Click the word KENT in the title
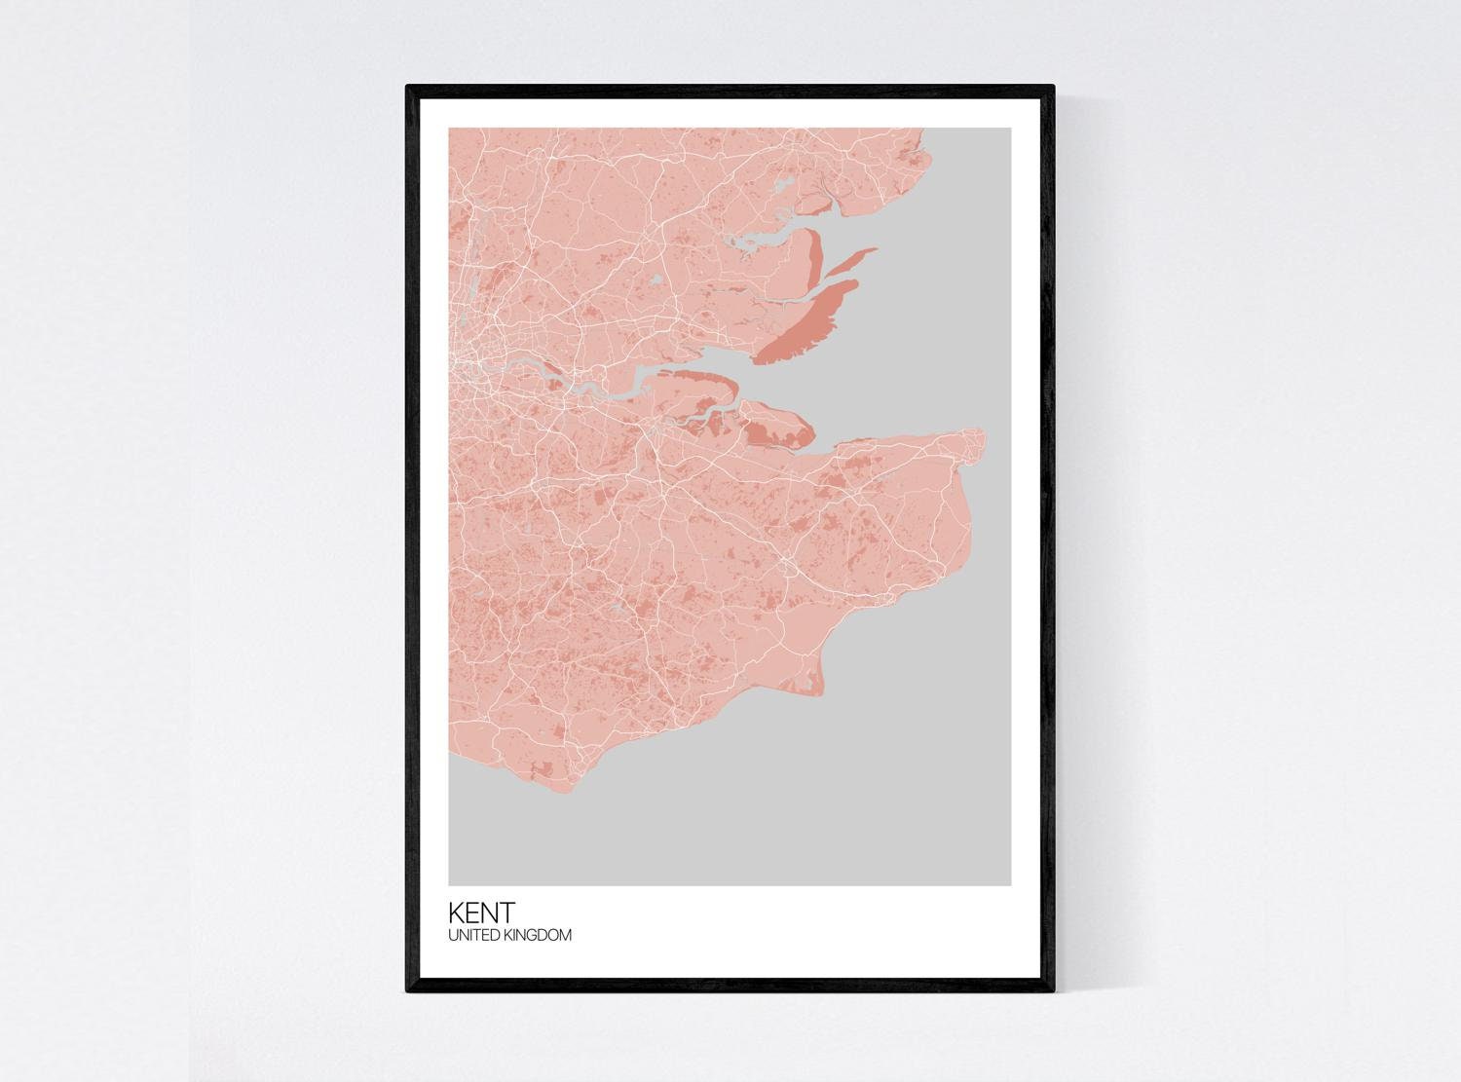481,913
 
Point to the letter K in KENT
456,913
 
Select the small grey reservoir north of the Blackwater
783,184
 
